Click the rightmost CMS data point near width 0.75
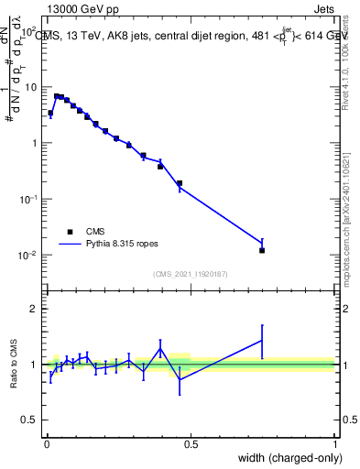pyautogui.click(x=262, y=250)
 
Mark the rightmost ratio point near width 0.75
pyautogui.click(x=262, y=341)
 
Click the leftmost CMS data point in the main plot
pyautogui.click(x=50, y=114)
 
